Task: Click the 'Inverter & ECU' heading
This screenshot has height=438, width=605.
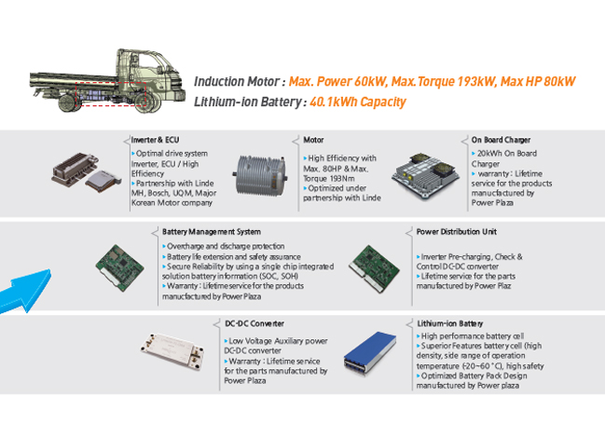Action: click(155, 140)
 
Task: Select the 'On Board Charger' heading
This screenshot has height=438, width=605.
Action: click(501, 140)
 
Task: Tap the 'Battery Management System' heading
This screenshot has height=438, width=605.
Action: click(212, 232)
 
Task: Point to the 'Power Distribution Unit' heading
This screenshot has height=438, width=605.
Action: click(457, 232)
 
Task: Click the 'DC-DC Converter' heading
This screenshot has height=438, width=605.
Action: click(254, 323)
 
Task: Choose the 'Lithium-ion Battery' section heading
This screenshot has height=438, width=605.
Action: click(450, 323)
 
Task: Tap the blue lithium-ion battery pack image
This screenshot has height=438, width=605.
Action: click(370, 355)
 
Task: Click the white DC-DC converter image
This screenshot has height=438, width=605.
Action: click(172, 352)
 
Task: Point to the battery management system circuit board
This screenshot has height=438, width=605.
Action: click(119, 267)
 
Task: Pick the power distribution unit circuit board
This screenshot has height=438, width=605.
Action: click(374, 268)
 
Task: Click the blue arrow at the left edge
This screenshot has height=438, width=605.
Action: click(24, 291)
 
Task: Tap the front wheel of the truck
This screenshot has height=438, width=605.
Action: click(145, 103)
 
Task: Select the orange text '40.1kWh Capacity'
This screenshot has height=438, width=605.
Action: click(358, 102)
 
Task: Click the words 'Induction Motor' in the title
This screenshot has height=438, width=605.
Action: click(237, 81)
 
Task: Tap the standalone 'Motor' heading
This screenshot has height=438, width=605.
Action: click(313, 140)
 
